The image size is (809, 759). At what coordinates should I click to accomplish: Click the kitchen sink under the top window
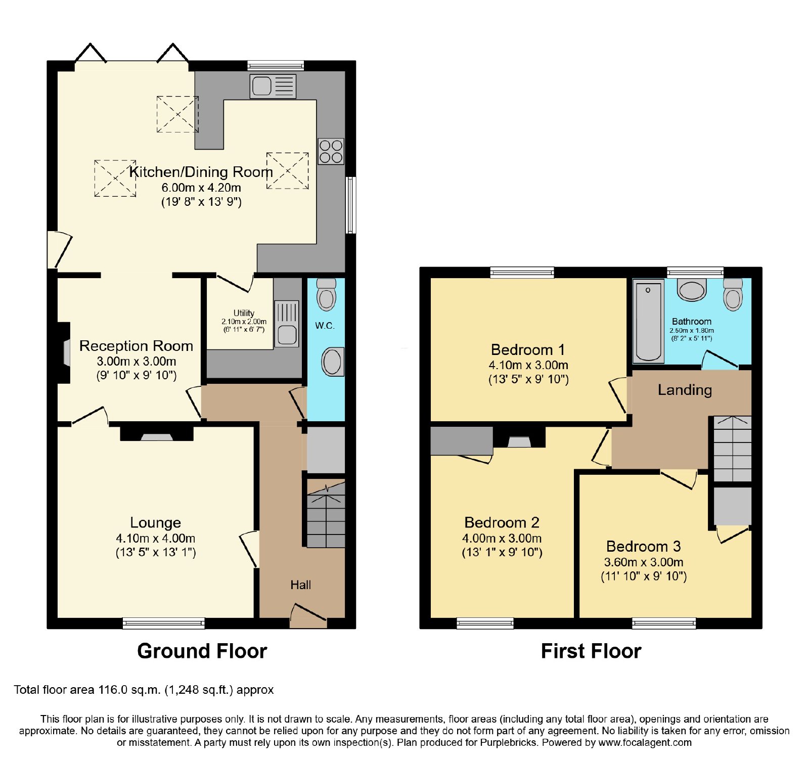tap(273, 86)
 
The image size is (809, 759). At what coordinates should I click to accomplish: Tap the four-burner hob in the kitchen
tap(331, 151)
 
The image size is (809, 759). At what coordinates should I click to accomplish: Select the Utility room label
tap(244, 313)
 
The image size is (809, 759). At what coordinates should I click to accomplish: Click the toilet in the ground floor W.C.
tap(327, 294)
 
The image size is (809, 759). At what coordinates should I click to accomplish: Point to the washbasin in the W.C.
tap(333, 362)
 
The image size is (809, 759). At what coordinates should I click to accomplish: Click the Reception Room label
tap(136, 346)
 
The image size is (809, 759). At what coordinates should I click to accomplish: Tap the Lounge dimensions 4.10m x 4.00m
tap(156, 539)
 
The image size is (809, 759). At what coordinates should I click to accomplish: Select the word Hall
tap(300, 585)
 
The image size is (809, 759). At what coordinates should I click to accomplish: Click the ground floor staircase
tap(326, 515)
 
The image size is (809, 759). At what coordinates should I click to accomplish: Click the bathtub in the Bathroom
tap(648, 321)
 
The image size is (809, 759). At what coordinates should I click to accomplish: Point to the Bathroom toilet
tap(733, 293)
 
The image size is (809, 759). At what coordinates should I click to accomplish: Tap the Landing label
tap(685, 390)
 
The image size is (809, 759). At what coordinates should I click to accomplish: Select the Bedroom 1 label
tap(528, 350)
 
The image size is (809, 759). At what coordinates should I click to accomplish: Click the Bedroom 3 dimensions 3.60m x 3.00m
tap(644, 562)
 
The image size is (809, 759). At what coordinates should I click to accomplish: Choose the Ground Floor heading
tap(202, 651)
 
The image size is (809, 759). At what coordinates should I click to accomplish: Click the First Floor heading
tap(591, 651)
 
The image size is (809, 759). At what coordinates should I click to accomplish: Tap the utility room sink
tap(287, 324)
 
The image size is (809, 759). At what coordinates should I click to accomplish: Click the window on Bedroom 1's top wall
tap(522, 273)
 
